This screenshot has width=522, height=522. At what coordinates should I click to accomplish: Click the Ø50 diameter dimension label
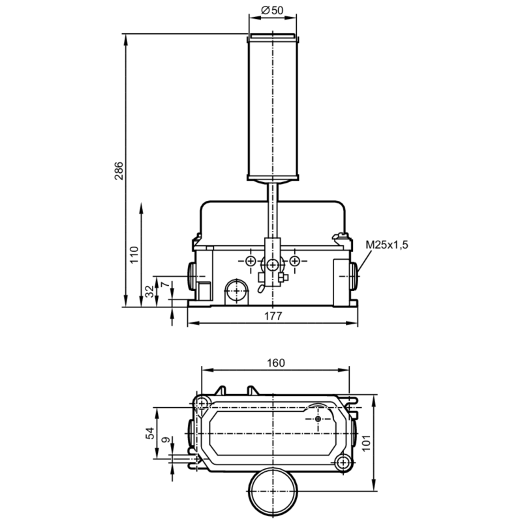(271, 10)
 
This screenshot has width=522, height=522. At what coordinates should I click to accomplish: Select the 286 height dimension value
(119, 171)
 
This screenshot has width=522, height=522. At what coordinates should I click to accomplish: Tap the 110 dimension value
(133, 254)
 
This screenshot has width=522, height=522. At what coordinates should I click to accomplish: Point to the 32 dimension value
(149, 291)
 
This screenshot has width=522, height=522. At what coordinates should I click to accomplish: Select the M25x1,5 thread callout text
(390, 245)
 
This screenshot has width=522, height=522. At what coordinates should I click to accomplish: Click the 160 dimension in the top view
(276, 363)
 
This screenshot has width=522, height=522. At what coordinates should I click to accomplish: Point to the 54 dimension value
(149, 433)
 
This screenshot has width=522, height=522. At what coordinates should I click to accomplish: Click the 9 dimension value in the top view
(164, 442)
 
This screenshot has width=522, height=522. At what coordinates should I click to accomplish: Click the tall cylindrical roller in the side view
(272, 108)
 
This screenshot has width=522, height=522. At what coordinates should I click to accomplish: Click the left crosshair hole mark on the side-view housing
(251, 261)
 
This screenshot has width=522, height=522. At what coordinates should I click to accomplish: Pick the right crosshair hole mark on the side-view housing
(295, 261)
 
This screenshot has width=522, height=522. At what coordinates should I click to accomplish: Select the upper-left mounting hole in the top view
(202, 401)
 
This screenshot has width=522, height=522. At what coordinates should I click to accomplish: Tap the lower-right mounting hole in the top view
(343, 463)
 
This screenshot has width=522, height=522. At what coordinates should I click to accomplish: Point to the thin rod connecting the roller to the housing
(272, 209)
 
